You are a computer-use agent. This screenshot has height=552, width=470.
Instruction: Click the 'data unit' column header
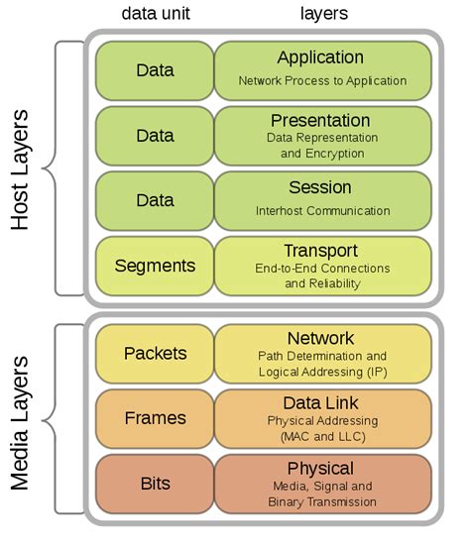click(x=155, y=14)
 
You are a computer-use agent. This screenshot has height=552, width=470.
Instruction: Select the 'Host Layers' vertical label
click(x=26, y=167)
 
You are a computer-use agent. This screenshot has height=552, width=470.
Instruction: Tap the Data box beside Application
click(x=155, y=70)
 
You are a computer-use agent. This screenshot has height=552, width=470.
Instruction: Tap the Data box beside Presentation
click(x=155, y=135)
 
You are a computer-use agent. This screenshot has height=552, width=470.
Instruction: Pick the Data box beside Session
click(x=155, y=200)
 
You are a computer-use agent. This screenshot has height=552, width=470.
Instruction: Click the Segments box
click(x=155, y=266)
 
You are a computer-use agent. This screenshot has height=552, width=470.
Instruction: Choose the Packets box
click(x=155, y=354)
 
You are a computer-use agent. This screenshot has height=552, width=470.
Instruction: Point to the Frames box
click(x=155, y=418)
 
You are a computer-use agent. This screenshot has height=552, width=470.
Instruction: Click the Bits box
click(x=155, y=484)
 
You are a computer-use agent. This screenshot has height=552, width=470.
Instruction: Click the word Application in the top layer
click(x=320, y=57)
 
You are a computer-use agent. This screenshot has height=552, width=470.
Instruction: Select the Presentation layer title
click(x=321, y=121)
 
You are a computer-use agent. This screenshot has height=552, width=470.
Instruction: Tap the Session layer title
click(x=321, y=187)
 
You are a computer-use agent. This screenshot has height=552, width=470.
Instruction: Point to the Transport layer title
click(x=321, y=250)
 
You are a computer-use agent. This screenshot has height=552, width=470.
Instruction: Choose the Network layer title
click(x=321, y=339)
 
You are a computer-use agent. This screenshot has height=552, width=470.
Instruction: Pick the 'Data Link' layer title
click(x=321, y=402)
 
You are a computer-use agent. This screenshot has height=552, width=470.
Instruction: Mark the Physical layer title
click(x=321, y=468)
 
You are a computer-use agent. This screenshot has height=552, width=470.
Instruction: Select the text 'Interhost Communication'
click(x=321, y=211)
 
